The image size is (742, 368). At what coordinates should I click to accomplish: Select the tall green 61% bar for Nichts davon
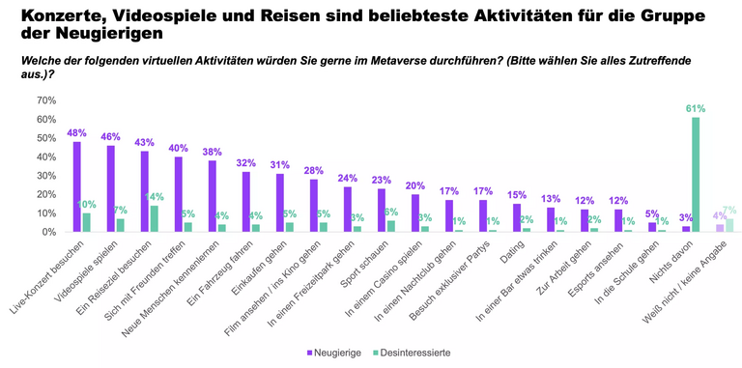696,175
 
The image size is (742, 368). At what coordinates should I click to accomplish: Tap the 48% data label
76,132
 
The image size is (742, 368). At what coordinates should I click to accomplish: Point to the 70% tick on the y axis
43,99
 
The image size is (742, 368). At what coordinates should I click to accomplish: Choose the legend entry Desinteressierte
413,353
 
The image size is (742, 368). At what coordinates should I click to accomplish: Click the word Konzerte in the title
61,16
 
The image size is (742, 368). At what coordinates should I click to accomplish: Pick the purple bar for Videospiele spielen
111,188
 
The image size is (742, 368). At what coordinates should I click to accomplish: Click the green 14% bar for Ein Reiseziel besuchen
154,218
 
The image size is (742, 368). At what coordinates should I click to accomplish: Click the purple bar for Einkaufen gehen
280,203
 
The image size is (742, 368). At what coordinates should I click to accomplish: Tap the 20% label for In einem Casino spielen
414,184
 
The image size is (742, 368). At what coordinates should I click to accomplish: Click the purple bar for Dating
517,217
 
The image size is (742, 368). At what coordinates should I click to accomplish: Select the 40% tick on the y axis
43,156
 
